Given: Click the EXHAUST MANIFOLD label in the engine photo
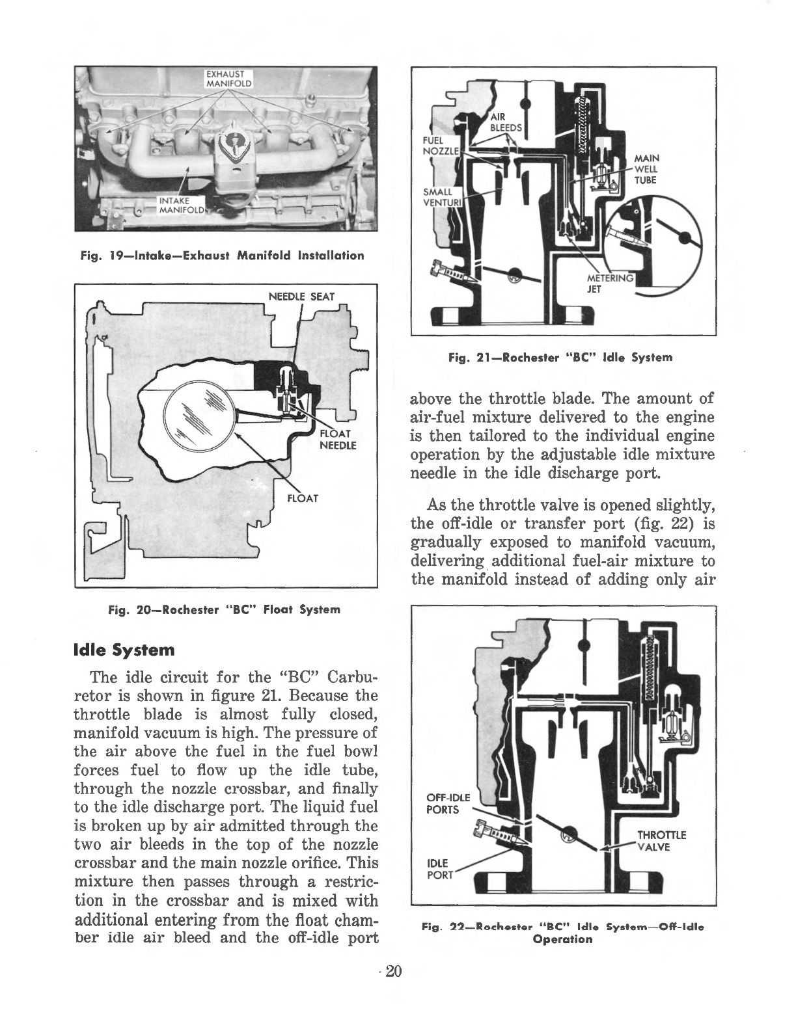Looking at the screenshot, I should [225, 77].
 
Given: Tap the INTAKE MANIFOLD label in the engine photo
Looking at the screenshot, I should [182, 204].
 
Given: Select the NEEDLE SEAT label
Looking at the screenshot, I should [301, 297].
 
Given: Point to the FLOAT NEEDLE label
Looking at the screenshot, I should [336, 440].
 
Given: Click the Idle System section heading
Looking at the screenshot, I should [125, 650].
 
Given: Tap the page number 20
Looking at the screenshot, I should [393, 972].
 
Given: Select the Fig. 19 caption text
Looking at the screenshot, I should [222, 256].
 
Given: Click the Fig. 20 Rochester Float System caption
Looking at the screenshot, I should [224, 609].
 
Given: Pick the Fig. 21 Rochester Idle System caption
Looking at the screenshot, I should [560, 357].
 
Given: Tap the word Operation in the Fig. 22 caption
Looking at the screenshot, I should [562, 939].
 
